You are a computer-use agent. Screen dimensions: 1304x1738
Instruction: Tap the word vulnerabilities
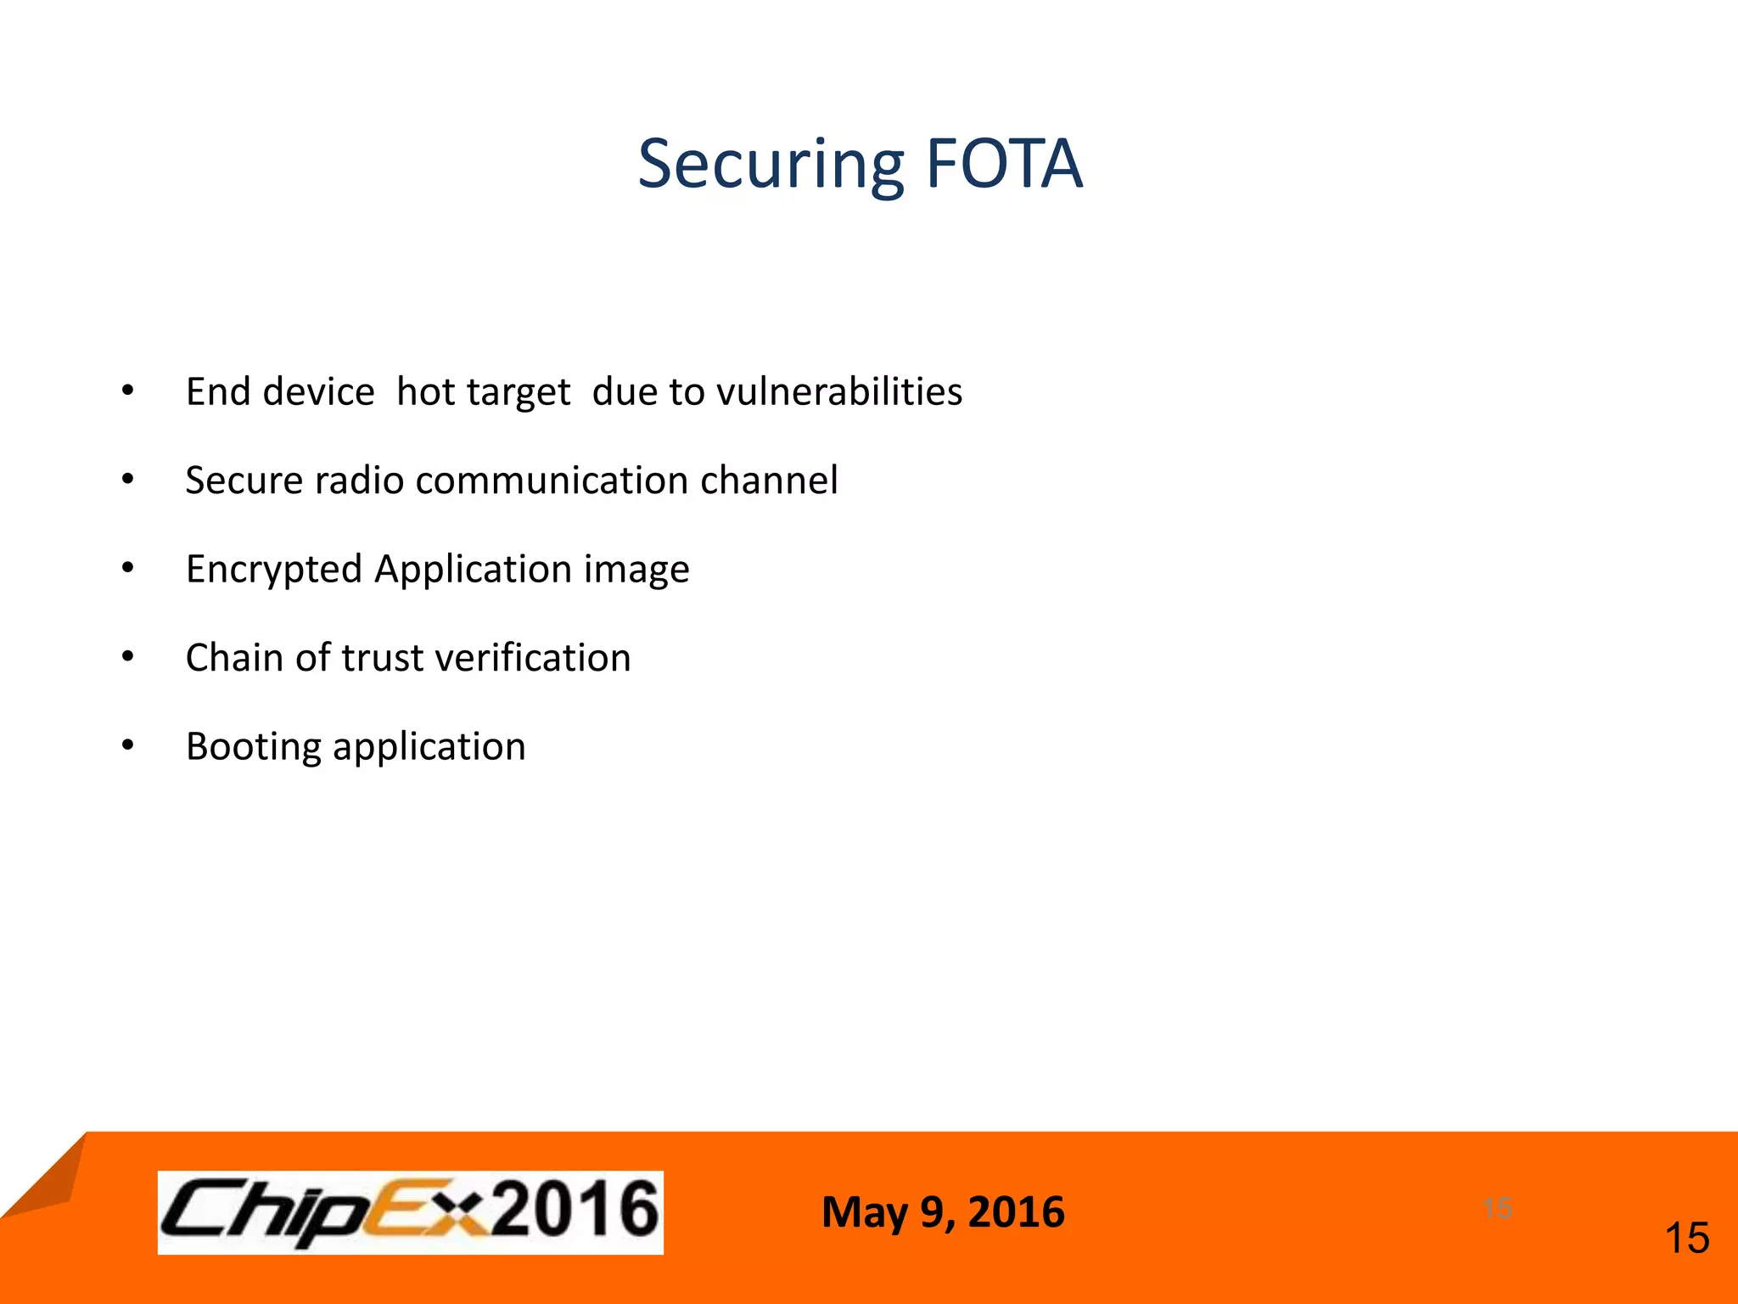coord(839,391)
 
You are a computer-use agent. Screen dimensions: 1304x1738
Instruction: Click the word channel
coord(769,480)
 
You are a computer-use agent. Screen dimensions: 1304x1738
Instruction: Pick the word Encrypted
coord(274,570)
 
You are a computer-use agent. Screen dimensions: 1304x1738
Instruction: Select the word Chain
coord(234,658)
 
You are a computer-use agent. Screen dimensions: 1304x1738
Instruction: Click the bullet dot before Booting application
coord(127,745)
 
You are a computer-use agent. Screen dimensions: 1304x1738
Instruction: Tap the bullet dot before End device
coord(127,391)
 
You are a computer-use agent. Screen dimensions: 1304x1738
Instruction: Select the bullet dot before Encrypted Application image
coord(127,567)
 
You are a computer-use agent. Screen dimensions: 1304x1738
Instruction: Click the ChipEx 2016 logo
coord(410,1211)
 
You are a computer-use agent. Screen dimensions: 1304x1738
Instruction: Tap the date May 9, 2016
coord(943,1211)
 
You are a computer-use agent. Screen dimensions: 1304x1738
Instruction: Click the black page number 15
coord(1687,1238)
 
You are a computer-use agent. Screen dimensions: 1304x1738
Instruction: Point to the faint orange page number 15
coord(1498,1207)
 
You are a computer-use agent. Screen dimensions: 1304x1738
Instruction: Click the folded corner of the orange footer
coord(47,1180)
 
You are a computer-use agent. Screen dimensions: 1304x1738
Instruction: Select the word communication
coord(552,480)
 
